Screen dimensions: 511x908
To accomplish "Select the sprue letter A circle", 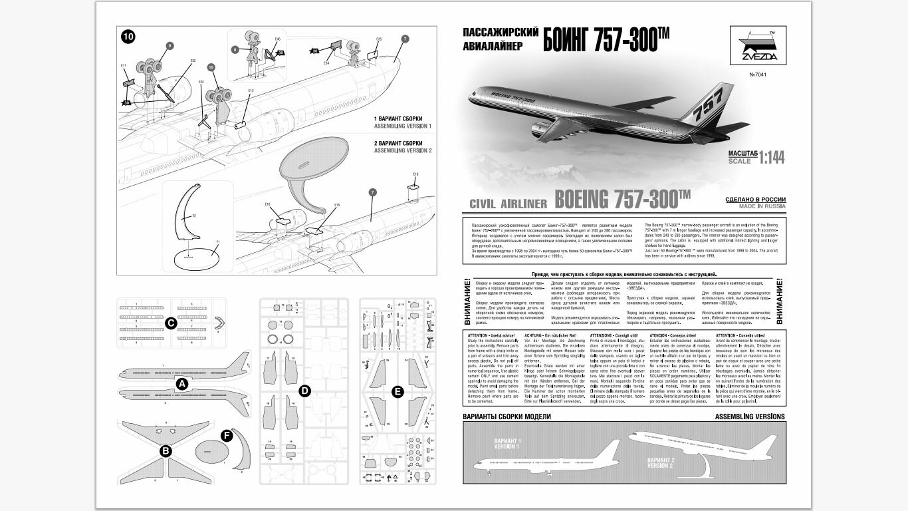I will pyautogui.click(x=182, y=384).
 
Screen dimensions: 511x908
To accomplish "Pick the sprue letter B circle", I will pyautogui.click(x=166, y=450).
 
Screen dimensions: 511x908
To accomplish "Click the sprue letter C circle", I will pyautogui.click(x=170, y=323).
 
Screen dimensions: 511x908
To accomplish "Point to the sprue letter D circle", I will pyautogui.click(x=304, y=391).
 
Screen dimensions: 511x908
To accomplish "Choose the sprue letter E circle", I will pyautogui.click(x=397, y=392).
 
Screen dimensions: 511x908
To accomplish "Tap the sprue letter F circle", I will pyautogui.click(x=226, y=436).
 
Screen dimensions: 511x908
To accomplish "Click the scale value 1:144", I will pyautogui.click(x=772, y=157).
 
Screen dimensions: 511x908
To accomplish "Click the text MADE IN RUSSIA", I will pyautogui.click(x=756, y=206).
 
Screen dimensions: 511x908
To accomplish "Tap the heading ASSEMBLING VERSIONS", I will pyautogui.click(x=749, y=417).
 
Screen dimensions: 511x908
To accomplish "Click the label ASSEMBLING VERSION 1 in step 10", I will pyautogui.click(x=403, y=126).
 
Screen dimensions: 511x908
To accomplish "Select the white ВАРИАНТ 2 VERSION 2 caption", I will pyautogui.click(x=661, y=462).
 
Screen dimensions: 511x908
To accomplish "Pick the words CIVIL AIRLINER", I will pyautogui.click(x=508, y=204).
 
